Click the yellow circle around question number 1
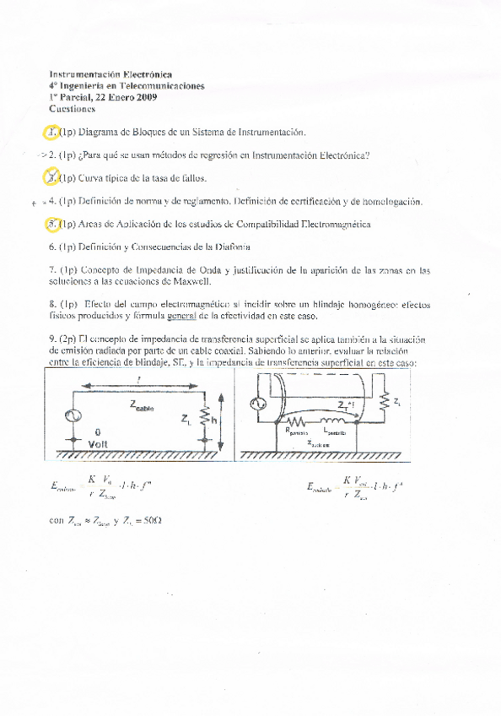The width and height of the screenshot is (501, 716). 53,132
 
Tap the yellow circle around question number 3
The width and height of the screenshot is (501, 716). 53,177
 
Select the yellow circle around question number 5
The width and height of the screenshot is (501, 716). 53,225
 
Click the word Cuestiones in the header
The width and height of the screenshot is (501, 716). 73,109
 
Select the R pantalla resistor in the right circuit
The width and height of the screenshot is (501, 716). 296,420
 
